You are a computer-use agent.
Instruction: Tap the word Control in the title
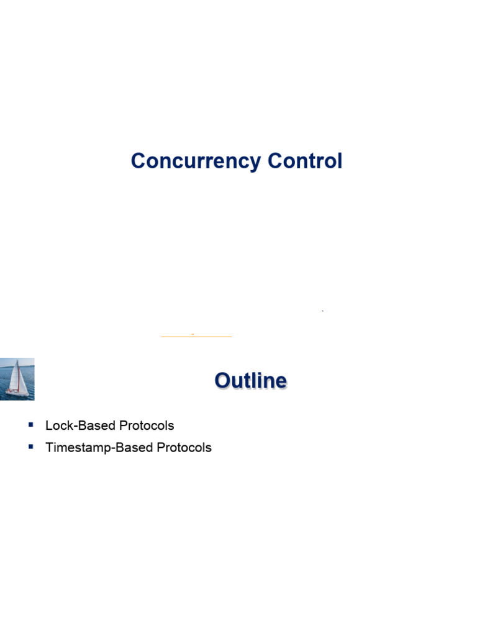[304, 161]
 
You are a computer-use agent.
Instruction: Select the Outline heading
[251, 380]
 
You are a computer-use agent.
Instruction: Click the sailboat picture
[17, 379]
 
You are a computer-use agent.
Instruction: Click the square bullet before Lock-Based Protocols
[30, 425]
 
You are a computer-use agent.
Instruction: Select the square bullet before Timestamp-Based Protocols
[30, 447]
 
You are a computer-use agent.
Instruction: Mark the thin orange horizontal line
[196, 336]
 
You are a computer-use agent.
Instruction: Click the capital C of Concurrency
[138, 161]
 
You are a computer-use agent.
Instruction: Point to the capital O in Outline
[223, 380]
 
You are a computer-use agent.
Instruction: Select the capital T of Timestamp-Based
[50, 448]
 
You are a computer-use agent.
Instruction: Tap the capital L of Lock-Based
[49, 426]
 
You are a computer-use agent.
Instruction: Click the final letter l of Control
[339, 161]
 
